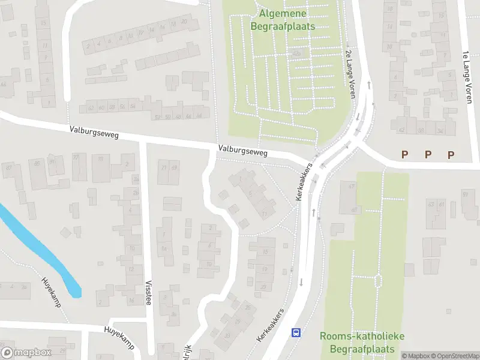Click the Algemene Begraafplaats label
pos(283,19)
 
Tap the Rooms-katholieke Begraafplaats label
pos(357,342)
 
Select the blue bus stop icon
pos(296,332)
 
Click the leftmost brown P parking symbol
pos(405,155)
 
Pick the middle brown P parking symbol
pos(428,155)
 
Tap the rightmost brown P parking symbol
pos(451,155)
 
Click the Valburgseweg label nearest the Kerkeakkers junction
pos(243,151)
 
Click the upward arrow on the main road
pos(313,212)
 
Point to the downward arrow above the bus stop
pos(301,282)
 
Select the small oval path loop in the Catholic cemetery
pos(378,280)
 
